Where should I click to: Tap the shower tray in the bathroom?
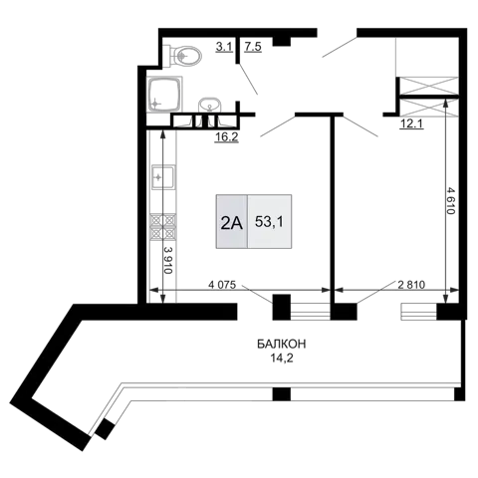164,95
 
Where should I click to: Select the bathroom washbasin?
210,106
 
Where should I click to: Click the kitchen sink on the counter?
162,177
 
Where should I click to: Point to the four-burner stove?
163,227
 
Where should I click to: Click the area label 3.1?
224,47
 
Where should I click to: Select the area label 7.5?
253,47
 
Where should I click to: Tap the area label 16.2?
226,136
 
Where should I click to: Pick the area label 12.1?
411,124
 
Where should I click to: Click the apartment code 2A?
232,223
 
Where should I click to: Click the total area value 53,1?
269,222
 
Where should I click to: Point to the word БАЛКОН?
282,345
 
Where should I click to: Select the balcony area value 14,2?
282,358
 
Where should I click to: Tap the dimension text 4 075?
222,285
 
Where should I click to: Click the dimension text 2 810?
411,285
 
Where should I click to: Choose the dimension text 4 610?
450,200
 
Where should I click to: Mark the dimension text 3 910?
168,260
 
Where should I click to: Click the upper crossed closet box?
429,86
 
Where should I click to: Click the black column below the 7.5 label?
282,41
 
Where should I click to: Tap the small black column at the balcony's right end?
459,393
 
